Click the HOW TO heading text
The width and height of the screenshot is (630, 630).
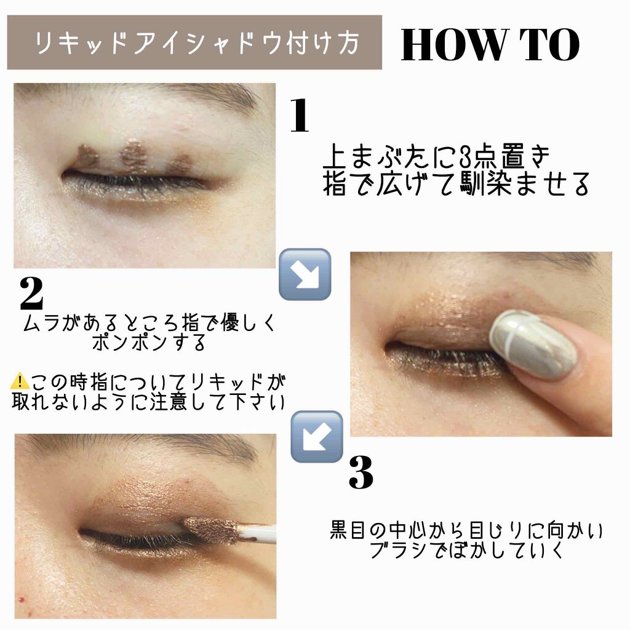490,45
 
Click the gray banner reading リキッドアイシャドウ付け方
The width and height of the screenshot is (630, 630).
194,43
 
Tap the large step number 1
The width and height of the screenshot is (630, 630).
300,116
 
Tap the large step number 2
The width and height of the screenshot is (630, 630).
32,294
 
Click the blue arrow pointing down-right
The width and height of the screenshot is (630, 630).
305,274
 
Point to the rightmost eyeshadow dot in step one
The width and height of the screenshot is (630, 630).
180,165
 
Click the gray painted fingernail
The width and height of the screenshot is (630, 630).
533,344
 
